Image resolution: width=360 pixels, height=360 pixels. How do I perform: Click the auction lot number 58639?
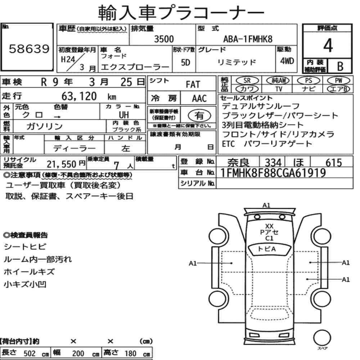point(29,49)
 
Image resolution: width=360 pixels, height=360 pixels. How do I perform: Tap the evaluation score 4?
point(328,45)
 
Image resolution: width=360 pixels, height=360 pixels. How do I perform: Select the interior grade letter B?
point(340,66)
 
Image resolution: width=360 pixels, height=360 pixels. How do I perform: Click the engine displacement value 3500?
point(164,39)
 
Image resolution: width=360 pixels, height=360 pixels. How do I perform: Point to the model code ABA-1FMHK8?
point(248,39)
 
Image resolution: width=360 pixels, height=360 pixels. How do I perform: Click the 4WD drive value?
point(287,61)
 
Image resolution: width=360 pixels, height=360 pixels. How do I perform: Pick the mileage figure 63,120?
point(79,96)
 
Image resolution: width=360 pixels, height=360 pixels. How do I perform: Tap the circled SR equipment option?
point(247,80)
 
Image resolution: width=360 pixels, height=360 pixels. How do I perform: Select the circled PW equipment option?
point(338,80)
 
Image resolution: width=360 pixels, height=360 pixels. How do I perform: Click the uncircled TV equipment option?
point(279,89)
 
